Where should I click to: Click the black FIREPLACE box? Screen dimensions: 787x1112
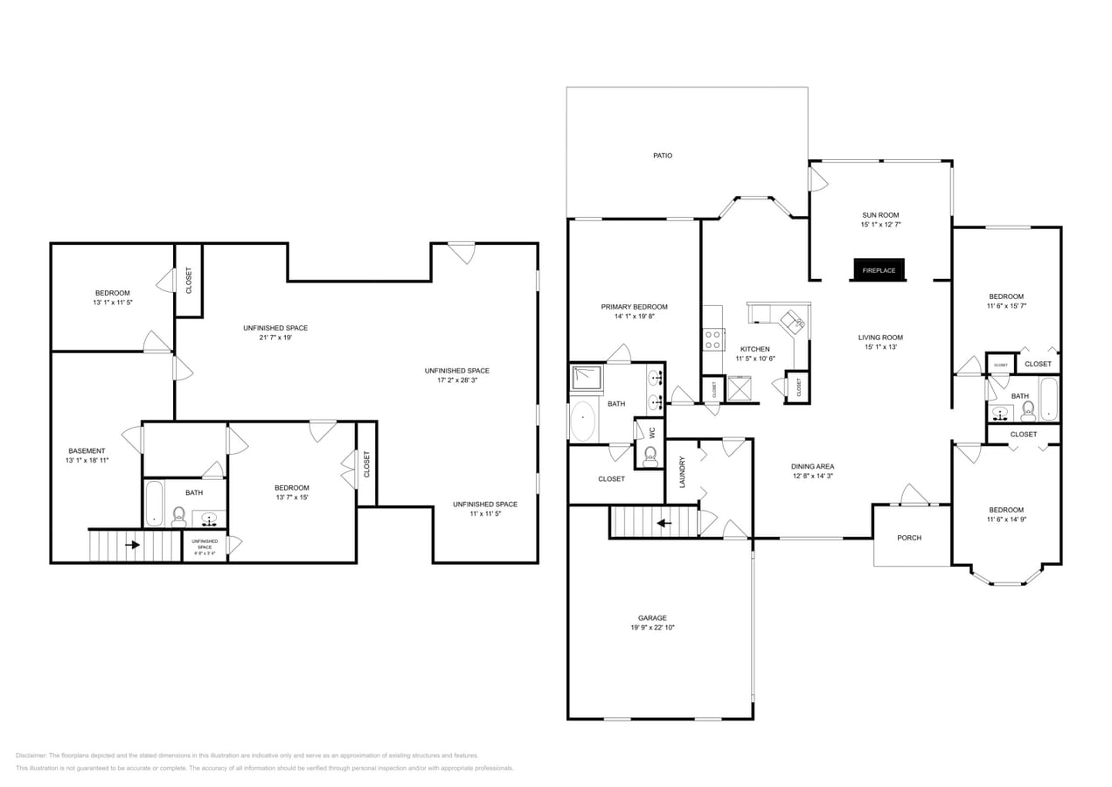879,270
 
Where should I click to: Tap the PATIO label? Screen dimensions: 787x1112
663,156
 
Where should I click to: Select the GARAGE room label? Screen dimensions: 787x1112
651,617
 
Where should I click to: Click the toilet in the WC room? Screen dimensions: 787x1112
650,455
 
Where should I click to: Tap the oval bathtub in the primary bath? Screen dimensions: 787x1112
583,421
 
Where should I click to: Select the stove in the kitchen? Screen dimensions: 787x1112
713,338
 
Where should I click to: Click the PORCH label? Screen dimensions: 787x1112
909,538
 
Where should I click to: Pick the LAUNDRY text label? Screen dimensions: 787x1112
682,471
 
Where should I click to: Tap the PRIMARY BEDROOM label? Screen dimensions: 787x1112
634,307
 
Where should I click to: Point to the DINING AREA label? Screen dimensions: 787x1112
813,466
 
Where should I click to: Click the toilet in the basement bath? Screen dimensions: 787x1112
179,517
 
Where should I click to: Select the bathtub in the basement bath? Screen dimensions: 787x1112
155,503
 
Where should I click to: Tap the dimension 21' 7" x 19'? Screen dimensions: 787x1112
275,338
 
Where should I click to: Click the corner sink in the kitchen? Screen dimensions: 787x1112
795,322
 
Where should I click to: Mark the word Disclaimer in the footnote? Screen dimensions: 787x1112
31,756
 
